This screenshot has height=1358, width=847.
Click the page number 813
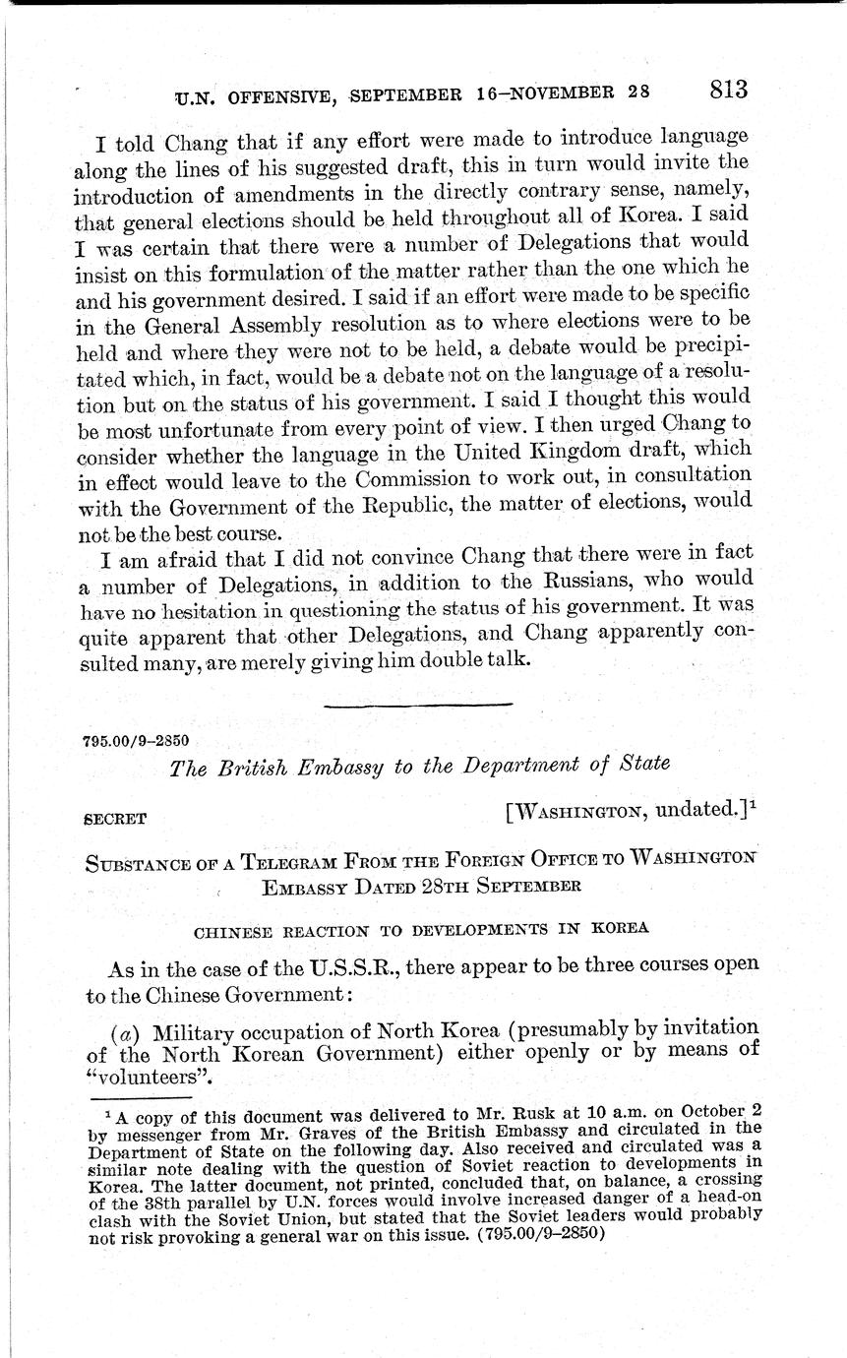[728, 89]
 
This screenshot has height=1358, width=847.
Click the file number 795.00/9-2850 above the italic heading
[137, 740]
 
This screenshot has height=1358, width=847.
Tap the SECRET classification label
[115, 818]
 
